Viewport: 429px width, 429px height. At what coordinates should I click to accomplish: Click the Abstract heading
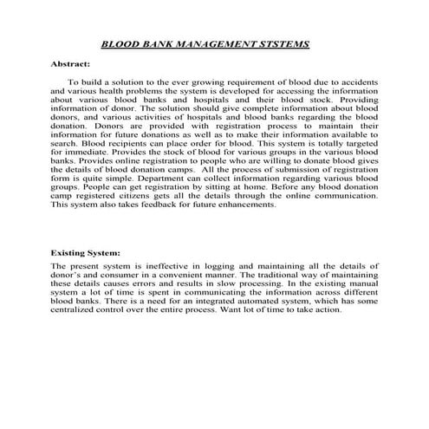pyautogui.click(x=71, y=64)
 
